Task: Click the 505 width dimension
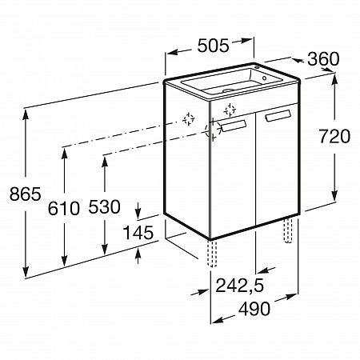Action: (213, 46)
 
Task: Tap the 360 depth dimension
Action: (323, 59)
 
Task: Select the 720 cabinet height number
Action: (334, 136)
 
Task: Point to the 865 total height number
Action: (26, 194)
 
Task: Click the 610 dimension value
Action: (64, 208)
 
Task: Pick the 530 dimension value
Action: (104, 206)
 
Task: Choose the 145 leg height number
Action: (138, 232)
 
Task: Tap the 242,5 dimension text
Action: (239, 286)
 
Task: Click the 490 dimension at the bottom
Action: (254, 309)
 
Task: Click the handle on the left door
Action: (234, 126)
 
